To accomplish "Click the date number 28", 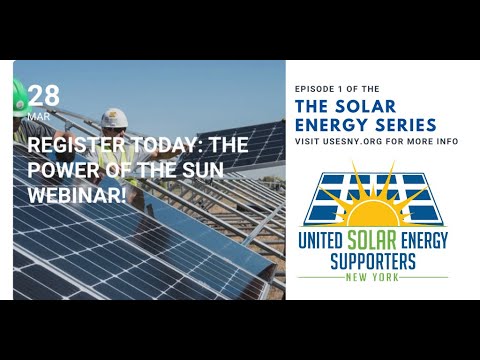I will (44, 96).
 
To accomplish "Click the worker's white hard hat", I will (116, 117).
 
